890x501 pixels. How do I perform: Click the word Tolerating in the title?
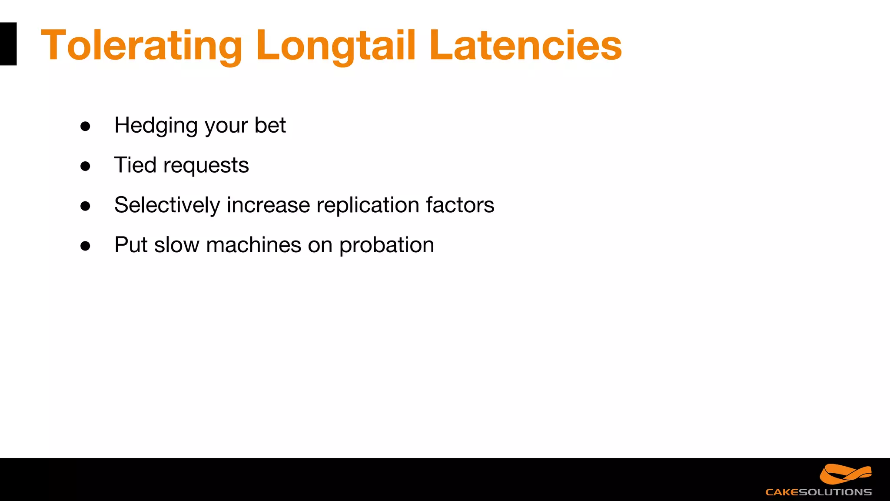(141, 45)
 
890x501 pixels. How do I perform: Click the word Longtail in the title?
(335, 45)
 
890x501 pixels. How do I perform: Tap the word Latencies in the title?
(525, 45)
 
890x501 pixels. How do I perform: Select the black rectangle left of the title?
(8, 44)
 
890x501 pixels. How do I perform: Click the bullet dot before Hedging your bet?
(85, 127)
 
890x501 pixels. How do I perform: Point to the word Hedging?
(156, 126)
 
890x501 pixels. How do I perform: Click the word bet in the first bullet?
(270, 125)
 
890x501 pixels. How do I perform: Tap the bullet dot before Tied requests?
(85, 166)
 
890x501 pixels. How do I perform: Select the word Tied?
(135, 165)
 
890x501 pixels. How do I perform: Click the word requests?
(206, 166)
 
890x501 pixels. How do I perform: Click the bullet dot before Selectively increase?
(85, 206)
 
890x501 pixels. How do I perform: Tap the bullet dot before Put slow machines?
(85, 246)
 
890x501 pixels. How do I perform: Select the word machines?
(253, 245)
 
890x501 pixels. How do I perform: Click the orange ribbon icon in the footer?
(845, 474)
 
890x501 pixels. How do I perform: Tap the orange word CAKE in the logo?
(781, 492)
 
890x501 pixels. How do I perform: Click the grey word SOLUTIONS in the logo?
(835, 492)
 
